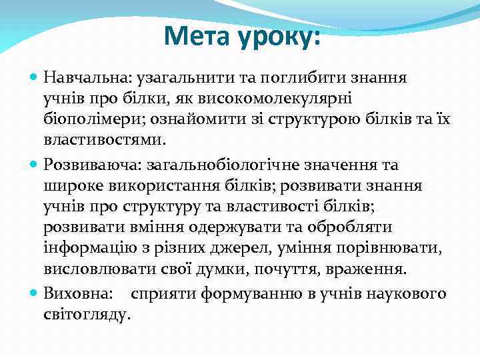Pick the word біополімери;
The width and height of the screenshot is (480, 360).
point(94,121)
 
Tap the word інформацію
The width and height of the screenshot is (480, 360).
point(86,249)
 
